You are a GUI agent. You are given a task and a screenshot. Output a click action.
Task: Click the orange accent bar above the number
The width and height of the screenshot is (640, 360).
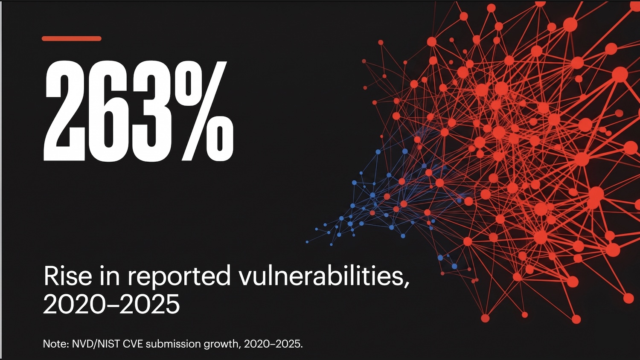(71, 38)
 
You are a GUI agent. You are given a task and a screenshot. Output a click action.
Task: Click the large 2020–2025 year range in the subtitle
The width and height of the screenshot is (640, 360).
(111, 305)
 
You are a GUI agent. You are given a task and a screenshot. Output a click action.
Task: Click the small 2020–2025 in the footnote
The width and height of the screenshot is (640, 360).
(273, 344)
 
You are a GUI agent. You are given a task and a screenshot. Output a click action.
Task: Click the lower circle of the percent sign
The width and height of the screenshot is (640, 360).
(219, 140)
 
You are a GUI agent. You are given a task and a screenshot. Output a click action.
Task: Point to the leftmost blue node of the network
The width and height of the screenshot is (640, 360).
(307, 242)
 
